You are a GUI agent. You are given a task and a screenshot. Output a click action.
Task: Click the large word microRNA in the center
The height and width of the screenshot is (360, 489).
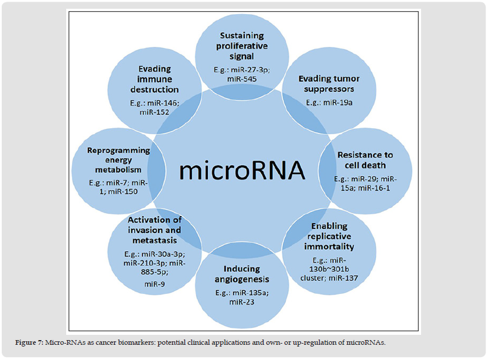coord(242,170)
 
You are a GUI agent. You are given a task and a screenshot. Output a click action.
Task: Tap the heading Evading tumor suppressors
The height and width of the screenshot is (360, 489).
coord(329,84)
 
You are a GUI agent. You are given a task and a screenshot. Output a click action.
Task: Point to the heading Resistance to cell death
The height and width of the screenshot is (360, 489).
coord(365,160)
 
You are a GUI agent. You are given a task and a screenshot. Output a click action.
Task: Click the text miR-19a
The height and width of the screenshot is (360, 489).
coord(340,102)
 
